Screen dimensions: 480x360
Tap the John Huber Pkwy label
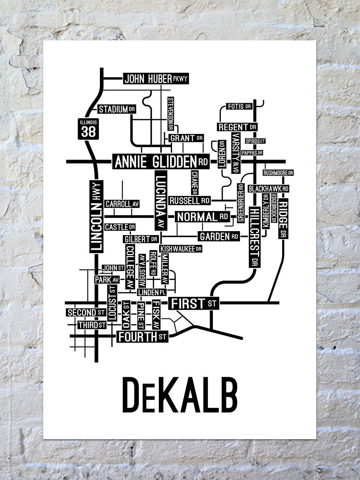156,79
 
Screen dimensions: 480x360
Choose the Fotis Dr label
239,106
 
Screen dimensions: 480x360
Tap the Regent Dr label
237,127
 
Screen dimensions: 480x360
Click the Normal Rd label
202,217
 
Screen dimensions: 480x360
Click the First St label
194,304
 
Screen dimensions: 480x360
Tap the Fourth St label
142,337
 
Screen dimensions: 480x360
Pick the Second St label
86,312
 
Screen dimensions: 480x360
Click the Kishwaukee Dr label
180,249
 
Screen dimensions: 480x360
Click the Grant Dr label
186,138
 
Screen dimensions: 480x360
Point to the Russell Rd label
190,200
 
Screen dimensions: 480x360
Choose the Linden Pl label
152,292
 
